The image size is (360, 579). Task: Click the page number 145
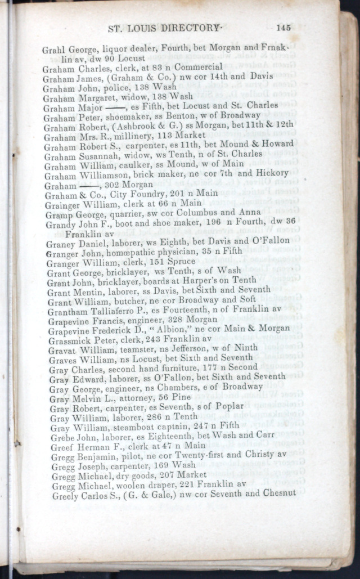(x=283, y=27)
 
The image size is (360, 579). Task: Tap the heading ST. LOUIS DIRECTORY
(x=170, y=28)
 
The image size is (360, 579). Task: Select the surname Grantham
(x=68, y=312)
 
